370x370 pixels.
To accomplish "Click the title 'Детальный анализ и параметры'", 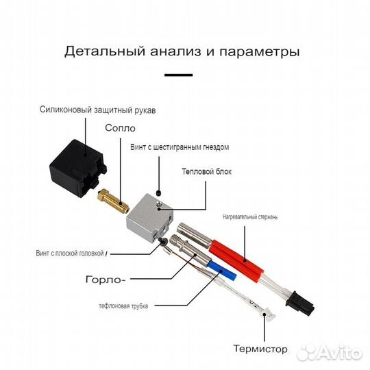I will click(x=182, y=51).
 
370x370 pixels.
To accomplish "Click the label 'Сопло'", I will click(x=120, y=128).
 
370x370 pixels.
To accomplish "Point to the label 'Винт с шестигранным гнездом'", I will click(x=180, y=147).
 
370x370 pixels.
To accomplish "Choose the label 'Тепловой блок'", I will click(x=206, y=171).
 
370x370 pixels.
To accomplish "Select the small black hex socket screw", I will click(x=159, y=193).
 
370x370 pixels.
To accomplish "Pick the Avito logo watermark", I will click(x=336, y=352).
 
